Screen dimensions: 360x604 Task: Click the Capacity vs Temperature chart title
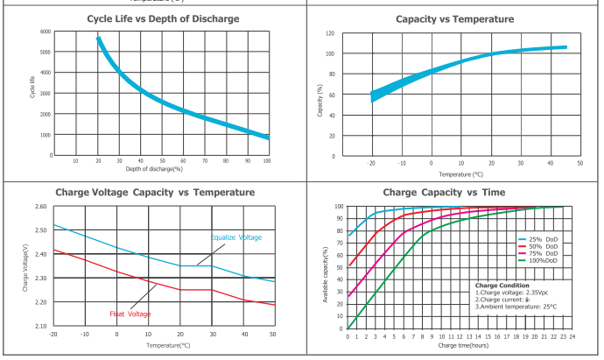pos(453,18)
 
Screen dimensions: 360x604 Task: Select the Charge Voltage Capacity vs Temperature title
pos(155,192)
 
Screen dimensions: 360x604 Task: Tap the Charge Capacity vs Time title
pos(453,192)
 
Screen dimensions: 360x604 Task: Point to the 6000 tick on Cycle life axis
pos(46,32)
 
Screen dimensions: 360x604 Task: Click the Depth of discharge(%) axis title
pos(158,168)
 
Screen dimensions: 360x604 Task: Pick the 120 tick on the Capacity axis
pos(329,33)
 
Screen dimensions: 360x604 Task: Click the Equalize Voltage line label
pos(235,237)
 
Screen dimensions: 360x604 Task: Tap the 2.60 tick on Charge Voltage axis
pos(40,207)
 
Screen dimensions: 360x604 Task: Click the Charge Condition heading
pos(502,285)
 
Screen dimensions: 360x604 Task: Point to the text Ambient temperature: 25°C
pos(516,306)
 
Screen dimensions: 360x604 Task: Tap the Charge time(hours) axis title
pos(460,345)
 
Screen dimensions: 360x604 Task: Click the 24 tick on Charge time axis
pos(572,335)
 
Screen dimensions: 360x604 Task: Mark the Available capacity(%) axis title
pos(327,267)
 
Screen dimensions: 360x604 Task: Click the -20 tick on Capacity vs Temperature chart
pos(371,163)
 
